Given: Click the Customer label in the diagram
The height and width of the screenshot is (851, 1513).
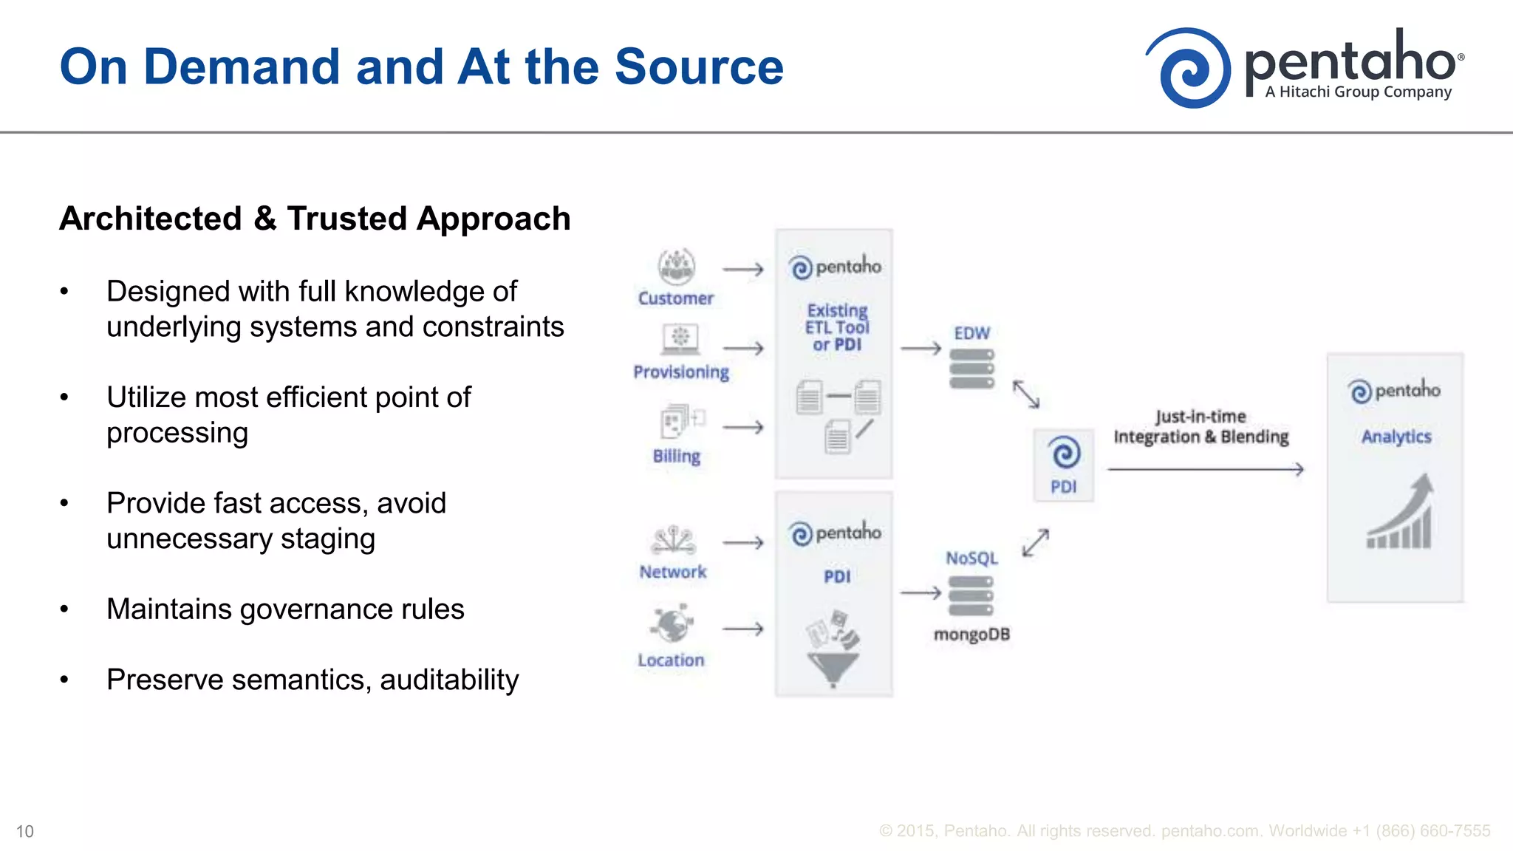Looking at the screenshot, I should coord(676,298).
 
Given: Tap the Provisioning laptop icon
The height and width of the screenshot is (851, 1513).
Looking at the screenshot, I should coord(680,339).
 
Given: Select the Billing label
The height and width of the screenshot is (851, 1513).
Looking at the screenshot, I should coord(677,456).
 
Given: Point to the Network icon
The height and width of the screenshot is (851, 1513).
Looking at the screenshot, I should coord(673,541).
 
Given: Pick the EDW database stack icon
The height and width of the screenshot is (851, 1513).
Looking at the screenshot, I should coord(971,369).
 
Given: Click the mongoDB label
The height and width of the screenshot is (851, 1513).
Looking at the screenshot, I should coord(971,635).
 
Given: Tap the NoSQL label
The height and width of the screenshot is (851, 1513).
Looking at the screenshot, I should coord(971,558).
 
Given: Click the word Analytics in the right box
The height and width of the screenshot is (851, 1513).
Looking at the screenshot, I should coord(1396,437).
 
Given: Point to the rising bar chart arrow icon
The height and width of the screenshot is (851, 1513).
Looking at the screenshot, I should coord(1401,513).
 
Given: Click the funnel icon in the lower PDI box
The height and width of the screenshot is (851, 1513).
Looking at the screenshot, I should coord(833,667).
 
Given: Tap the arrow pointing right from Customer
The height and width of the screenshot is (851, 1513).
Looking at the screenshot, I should coord(742,270).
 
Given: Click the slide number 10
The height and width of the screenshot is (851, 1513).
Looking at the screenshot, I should coord(25,832).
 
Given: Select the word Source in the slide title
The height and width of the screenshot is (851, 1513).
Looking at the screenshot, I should coord(699,66).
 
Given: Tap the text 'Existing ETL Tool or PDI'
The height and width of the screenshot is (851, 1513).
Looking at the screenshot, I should coord(837,327).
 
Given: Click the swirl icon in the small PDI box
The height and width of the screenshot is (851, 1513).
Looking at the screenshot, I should coord(1064,453).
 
